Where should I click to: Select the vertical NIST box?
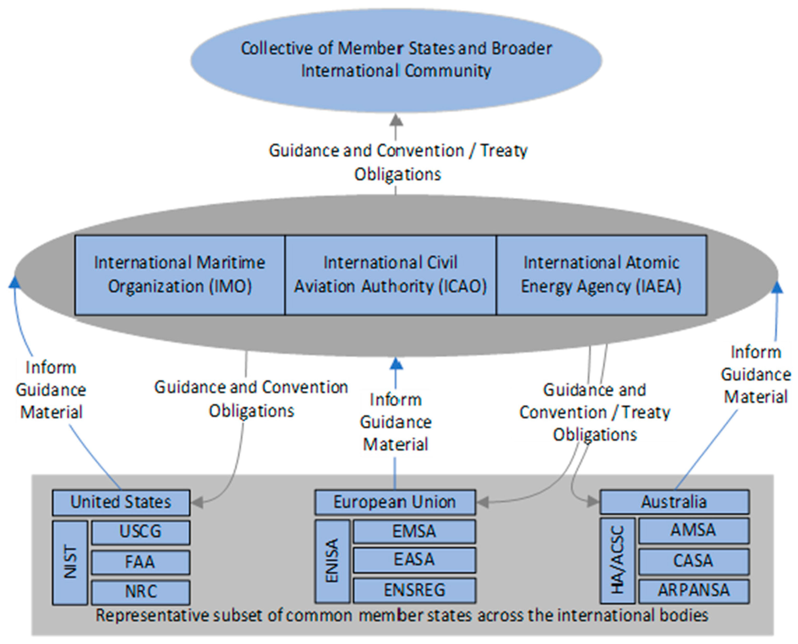70,562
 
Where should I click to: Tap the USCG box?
141,532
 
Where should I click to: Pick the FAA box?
141,562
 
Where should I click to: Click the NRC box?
141,592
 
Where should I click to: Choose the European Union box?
395,502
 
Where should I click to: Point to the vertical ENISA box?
332,561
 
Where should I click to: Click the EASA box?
414,560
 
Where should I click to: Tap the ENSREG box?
414,590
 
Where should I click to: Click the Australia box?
674,502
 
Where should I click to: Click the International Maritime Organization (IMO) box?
180,275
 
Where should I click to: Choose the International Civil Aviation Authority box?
391,275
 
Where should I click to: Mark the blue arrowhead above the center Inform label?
396,364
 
